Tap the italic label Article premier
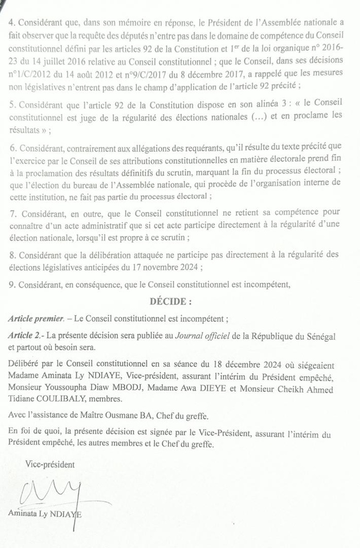point(36,318)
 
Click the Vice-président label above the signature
point(50,465)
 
